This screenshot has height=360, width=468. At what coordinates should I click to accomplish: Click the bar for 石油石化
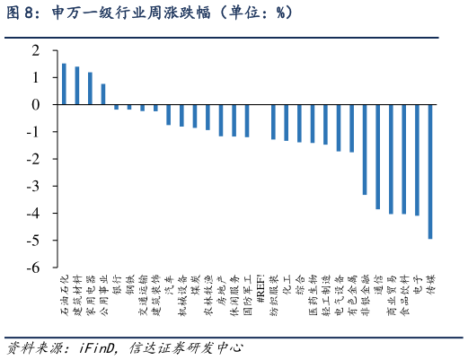click(x=64, y=84)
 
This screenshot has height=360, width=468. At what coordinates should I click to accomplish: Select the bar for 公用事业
click(x=103, y=94)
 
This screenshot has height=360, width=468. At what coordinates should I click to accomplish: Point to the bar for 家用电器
click(x=90, y=89)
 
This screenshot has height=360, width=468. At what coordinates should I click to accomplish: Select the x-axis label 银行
click(x=117, y=285)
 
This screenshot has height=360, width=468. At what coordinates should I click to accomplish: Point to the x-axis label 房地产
click(x=221, y=290)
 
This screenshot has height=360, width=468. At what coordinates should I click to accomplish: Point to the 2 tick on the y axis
click(x=37, y=51)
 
